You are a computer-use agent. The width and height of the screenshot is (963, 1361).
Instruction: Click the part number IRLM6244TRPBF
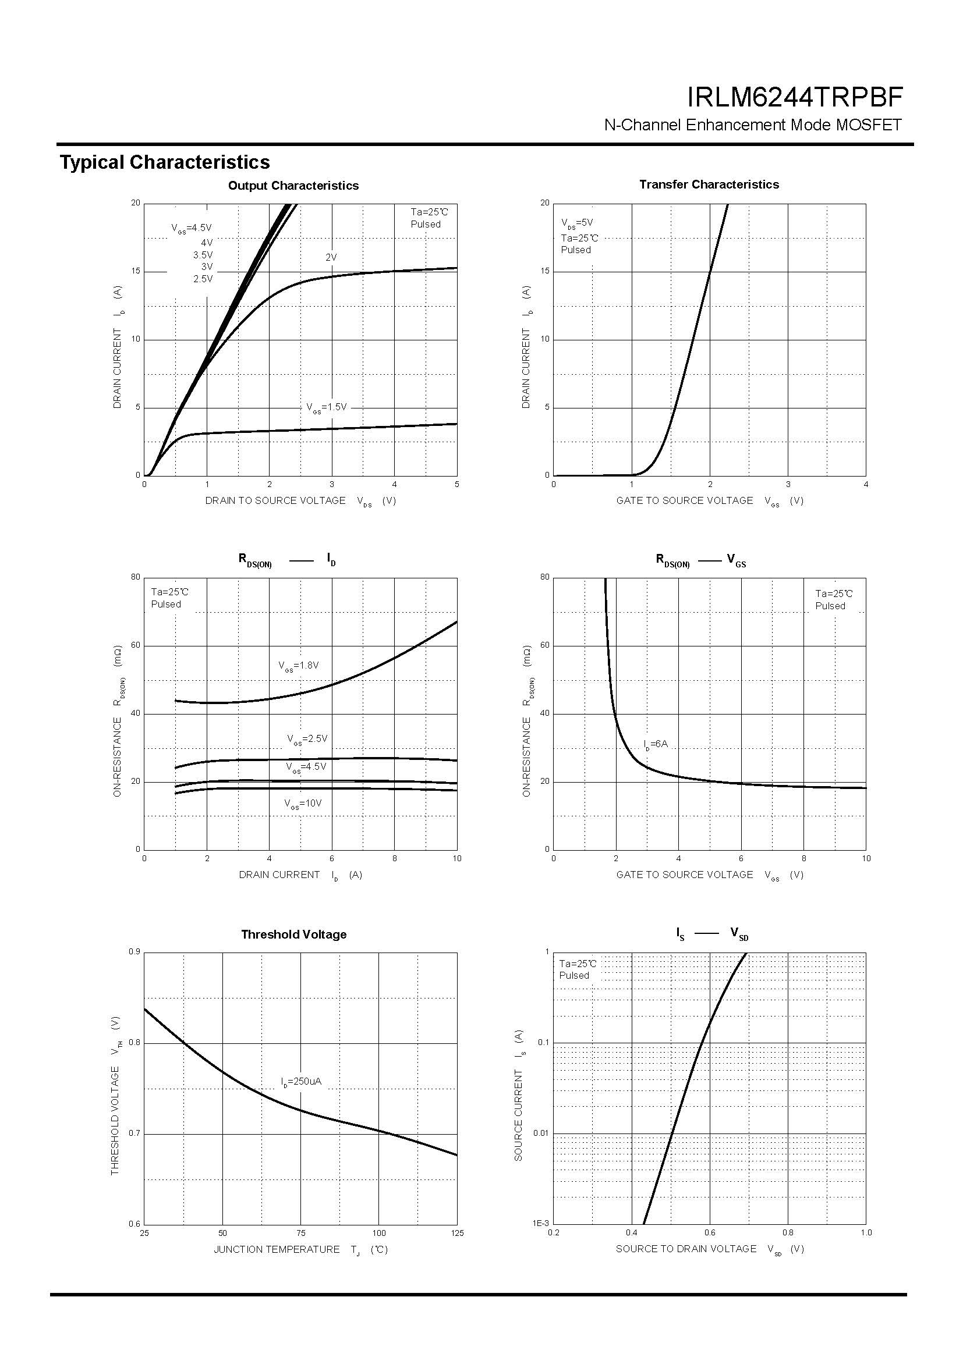pyautogui.click(x=795, y=98)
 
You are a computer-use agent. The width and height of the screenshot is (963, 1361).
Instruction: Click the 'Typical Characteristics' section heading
pyautogui.click(x=165, y=162)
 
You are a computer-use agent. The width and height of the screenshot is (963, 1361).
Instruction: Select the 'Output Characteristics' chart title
pyautogui.click(x=293, y=186)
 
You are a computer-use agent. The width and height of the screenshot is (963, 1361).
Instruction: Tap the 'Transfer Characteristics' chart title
pyautogui.click(x=709, y=184)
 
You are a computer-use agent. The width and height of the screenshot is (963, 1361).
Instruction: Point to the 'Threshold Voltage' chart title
pyautogui.click(x=293, y=934)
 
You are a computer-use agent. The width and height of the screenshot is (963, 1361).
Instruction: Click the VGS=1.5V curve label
pyautogui.click(x=326, y=407)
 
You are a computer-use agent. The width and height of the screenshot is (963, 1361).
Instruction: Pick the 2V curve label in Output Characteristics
pyautogui.click(x=331, y=257)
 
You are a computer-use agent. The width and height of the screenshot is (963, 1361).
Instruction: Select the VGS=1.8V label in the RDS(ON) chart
pyautogui.click(x=299, y=666)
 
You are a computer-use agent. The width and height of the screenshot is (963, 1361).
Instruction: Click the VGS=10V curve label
pyautogui.click(x=302, y=804)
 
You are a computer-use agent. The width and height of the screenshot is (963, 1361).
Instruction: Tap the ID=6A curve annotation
pyautogui.click(x=655, y=744)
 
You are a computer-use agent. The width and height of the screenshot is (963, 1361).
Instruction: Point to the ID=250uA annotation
pyautogui.click(x=301, y=1082)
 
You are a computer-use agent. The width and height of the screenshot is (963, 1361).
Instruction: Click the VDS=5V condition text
pyautogui.click(x=577, y=223)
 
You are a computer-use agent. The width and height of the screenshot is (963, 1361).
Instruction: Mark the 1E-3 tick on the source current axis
pyautogui.click(x=541, y=1224)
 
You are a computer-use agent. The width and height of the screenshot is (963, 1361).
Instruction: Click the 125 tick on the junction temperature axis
pyautogui.click(x=457, y=1234)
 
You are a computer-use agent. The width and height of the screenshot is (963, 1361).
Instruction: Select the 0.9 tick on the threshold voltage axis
pyautogui.click(x=134, y=952)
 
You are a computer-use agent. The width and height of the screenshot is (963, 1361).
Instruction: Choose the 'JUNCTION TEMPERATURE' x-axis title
pyautogui.click(x=277, y=1249)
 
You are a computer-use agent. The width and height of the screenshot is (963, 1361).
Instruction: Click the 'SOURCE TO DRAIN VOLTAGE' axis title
pyautogui.click(x=686, y=1249)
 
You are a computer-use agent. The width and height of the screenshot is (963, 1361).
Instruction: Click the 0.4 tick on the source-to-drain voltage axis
pyautogui.click(x=632, y=1233)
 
